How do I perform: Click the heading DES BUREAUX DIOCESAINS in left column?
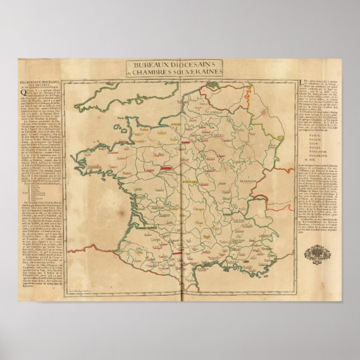click(36, 83)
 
